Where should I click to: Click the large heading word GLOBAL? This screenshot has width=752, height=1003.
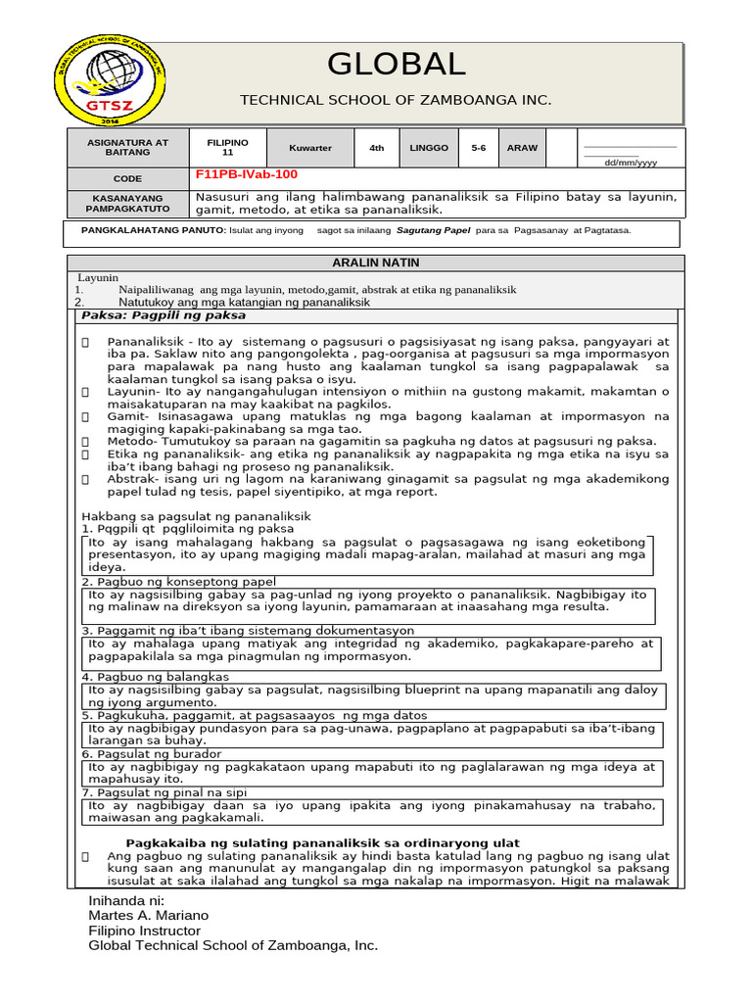pyautogui.click(x=396, y=64)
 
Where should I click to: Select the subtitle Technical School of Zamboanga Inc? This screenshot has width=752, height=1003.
pyautogui.click(x=396, y=100)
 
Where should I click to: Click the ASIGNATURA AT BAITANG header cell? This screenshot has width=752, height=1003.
pyautogui.click(x=127, y=147)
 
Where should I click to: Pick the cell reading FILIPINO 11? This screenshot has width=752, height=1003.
pyautogui.click(x=227, y=147)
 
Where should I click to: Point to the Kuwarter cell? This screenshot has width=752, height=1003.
pyautogui.click(x=309, y=148)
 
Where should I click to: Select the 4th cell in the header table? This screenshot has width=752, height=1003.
pyautogui.click(x=376, y=148)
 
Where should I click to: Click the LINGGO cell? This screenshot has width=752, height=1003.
pyautogui.click(x=429, y=148)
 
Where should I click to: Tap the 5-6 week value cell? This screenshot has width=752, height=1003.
pyautogui.click(x=478, y=148)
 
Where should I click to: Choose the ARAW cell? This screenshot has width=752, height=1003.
pyautogui.click(x=522, y=148)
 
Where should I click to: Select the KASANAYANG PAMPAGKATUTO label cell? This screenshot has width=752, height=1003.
pyautogui.click(x=127, y=203)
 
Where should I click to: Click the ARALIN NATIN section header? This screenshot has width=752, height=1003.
pyautogui.click(x=375, y=263)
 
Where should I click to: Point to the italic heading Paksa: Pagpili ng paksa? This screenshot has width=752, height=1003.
pyautogui.click(x=164, y=315)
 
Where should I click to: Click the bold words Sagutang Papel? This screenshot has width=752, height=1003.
pyautogui.click(x=434, y=231)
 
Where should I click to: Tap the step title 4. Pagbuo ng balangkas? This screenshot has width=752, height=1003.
pyautogui.click(x=156, y=677)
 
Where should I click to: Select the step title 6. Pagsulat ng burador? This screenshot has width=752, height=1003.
pyautogui.click(x=152, y=753)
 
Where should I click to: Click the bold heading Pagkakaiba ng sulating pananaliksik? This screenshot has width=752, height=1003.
pyautogui.click(x=323, y=843)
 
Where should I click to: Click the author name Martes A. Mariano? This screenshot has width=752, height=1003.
pyautogui.click(x=148, y=915)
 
